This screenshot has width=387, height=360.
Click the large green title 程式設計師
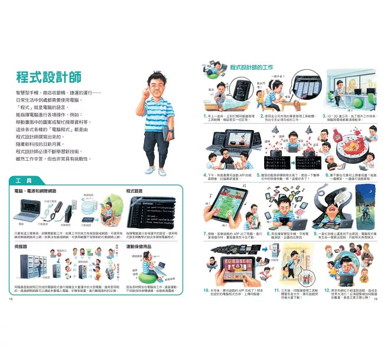[49, 77]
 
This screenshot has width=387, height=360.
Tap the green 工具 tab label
[25, 180]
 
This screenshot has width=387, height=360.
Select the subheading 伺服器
[21, 245]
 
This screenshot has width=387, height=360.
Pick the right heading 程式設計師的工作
[253, 68]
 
